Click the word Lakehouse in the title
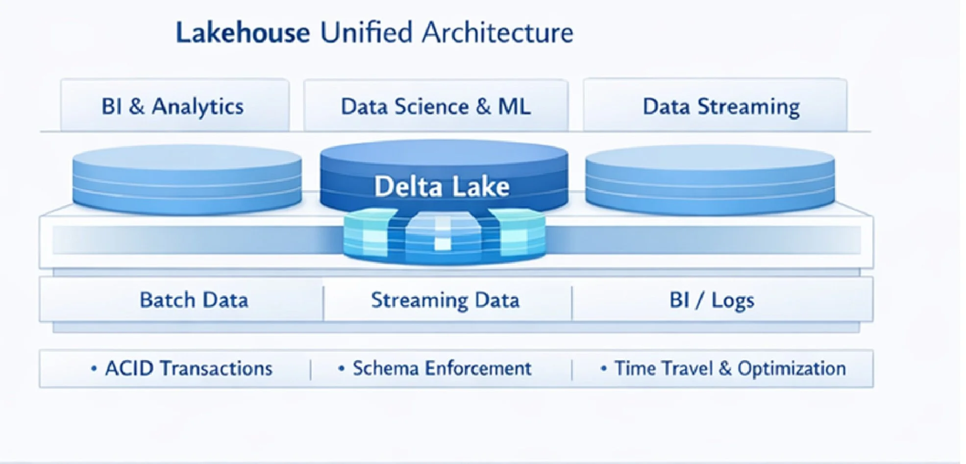(243, 33)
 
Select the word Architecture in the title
(497, 33)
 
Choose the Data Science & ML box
(436, 106)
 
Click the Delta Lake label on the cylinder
(442, 187)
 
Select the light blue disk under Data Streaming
(710, 180)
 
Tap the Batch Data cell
(194, 300)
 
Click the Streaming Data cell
(445, 300)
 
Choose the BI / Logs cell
(712, 300)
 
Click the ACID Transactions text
(189, 368)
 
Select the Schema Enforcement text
(442, 368)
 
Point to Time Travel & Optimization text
(730, 368)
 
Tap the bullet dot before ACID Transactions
(94, 368)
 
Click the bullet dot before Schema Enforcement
(342, 368)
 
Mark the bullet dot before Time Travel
(604, 368)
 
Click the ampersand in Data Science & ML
(483, 106)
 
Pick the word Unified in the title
(366, 33)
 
